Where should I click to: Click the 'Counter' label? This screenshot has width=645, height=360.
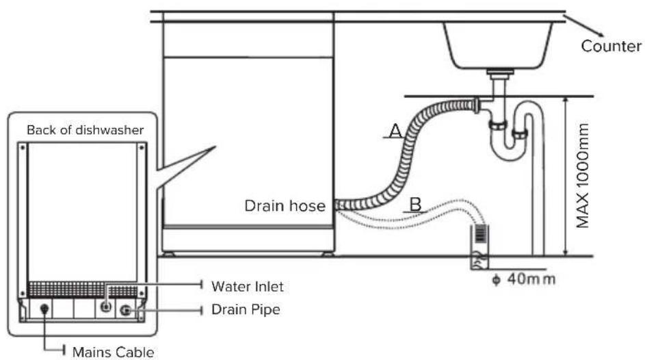click(x=611, y=46)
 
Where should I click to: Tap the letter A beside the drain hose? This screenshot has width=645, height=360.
click(x=395, y=131)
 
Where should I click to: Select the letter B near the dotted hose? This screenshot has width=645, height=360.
click(x=416, y=205)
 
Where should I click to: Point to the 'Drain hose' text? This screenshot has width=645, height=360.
click(x=285, y=206)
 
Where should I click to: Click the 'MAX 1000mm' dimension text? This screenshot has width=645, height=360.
click(x=583, y=176)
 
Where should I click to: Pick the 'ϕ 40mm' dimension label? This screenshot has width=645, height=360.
click(x=524, y=279)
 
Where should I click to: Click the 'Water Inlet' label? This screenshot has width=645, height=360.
click(x=247, y=286)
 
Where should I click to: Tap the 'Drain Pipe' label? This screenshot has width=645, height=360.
click(x=246, y=309)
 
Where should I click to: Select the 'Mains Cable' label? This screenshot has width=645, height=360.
click(x=113, y=352)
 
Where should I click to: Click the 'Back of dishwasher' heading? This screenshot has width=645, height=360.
click(x=85, y=130)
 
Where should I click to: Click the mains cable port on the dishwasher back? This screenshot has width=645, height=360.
click(x=44, y=309)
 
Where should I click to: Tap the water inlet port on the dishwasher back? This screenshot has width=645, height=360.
click(x=106, y=307)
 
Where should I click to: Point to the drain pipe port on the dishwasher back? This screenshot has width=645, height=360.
click(x=125, y=310)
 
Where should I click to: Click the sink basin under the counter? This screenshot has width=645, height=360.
click(x=498, y=45)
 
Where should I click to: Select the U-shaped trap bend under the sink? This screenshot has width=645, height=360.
click(x=509, y=148)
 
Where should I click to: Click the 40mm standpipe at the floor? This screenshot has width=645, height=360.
click(x=479, y=247)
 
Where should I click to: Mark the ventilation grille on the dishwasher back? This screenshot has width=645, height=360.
click(x=82, y=290)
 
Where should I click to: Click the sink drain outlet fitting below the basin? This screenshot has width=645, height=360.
click(x=500, y=74)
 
